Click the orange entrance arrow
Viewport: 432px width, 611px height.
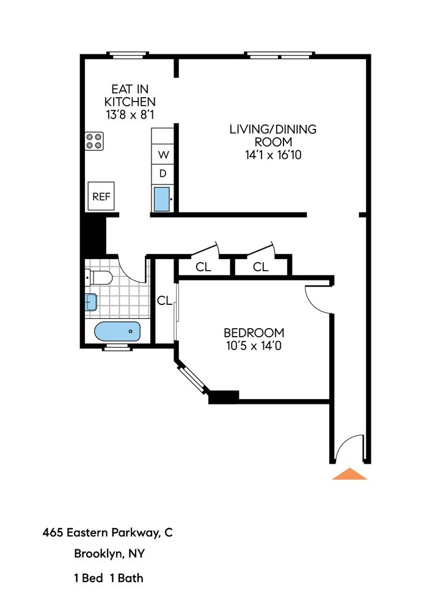click(x=350, y=474)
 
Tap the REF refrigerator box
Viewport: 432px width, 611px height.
click(x=101, y=197)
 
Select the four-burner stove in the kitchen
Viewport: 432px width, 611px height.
click(x=95, y=142)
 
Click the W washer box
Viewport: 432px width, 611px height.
click(x=163, y=154)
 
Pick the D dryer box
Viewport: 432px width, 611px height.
click(x=163, y=174)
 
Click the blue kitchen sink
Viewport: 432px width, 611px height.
click(x=162, y=199)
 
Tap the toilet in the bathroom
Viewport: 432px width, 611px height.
click(x=99, y=278)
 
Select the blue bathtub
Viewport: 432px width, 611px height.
click(x=117, y=332)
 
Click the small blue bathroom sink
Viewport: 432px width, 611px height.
click(x=90, y=302)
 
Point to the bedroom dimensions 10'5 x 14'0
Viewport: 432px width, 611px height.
click(x=254, y=345)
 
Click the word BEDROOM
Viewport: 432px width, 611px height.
click(x=254, y=333)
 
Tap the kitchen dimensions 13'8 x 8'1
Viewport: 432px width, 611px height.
click(x=130, y=114)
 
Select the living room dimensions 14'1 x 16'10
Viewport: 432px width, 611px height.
click(x=273, y=155)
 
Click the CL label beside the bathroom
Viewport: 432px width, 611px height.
click(x=164, y=301)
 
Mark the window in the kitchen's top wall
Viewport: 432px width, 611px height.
click(x=128, y=56)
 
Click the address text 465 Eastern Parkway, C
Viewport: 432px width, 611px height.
click(x=108, y=533)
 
